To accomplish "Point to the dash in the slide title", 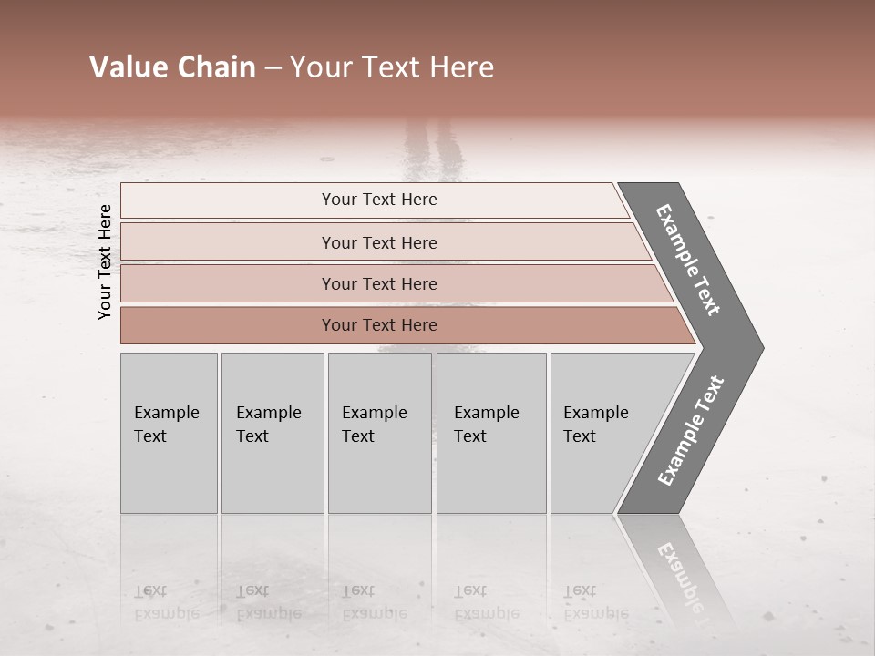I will (273, 68).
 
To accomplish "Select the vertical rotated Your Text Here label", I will (105, 261).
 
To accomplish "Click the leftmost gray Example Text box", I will (169, 433).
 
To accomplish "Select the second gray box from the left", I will (272, 433).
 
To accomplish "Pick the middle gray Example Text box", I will (379, 433).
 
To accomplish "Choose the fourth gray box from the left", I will (491, 433).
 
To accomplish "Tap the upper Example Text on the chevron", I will (688, 260).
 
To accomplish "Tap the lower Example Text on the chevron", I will (691, 430).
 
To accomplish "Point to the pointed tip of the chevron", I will (761, 347).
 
